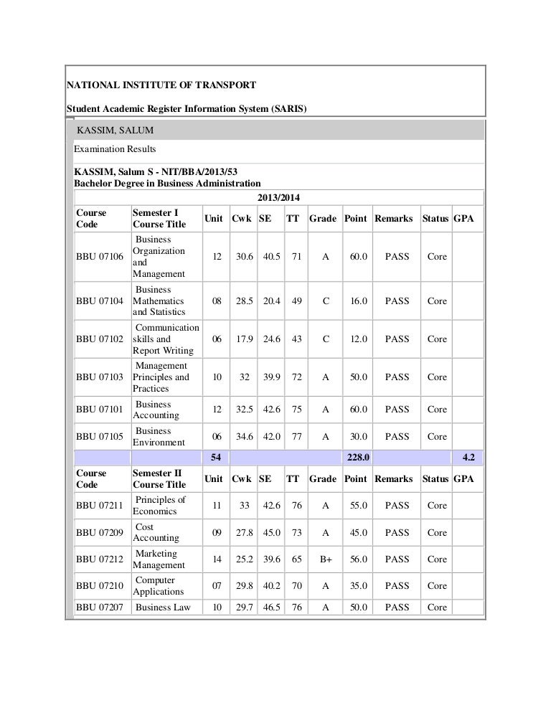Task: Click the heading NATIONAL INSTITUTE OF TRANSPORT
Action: [161, 85]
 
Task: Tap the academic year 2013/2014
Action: [278, 197]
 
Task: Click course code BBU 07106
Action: [100, 257]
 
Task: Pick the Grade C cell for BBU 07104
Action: [326, 301]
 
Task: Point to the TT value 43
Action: [293, 339]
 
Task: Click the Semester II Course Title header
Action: [159, 479]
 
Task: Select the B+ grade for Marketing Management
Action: [326, 559]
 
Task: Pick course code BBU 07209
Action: [100, 533]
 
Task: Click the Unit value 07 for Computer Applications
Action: [216, 586]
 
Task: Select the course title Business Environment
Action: [159, 437]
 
